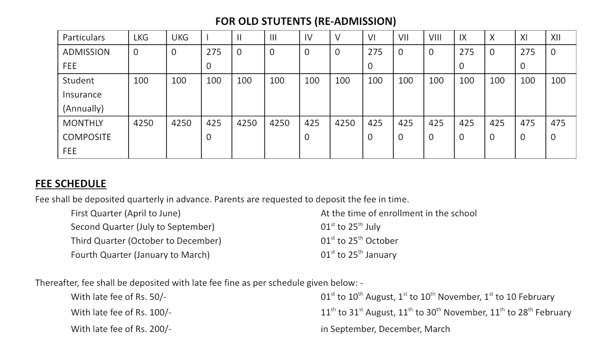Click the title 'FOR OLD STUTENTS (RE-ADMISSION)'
(306, 21)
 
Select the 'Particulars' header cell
(84, 37)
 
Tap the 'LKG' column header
(141, 37)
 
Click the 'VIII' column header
(435, 37)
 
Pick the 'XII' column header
(555, 37)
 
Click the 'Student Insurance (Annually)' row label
(83, 94)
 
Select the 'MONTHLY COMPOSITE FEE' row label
(87, 137)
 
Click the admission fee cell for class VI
(375, 59)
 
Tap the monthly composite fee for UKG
(181, 123)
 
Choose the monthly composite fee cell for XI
(527, 130)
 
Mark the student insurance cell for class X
(497, 81)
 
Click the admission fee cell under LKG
(136, 52)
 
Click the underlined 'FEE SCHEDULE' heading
(71, 184)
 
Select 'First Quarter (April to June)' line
(126, 213)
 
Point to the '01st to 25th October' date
(359, 241)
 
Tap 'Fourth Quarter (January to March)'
(140, 255)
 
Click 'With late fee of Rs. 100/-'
(121, 312)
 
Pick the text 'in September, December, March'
(385, 329)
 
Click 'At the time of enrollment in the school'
(398, 213)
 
